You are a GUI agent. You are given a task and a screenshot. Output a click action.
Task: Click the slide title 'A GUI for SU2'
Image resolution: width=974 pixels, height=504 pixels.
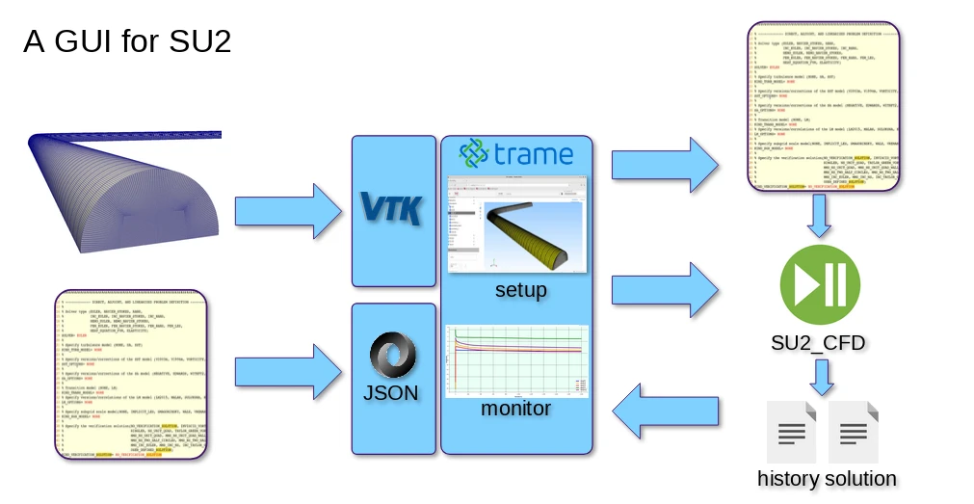(x=127, y=42)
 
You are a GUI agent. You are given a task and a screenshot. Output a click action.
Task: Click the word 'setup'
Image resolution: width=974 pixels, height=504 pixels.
(x=520, y=290)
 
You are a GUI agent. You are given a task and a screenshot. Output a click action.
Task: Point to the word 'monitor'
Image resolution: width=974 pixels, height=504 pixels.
(x=516, y=409)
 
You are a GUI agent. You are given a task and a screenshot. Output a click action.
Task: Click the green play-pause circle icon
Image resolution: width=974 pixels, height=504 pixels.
(x=818, y=286)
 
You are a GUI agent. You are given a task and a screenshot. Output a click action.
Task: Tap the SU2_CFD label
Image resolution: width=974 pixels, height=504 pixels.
(x=818, y=343)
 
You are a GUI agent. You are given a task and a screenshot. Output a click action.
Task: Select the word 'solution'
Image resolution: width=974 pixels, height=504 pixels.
(x=860, y=479)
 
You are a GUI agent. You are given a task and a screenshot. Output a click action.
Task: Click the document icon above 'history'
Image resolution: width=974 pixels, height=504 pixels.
(x=792, y=433)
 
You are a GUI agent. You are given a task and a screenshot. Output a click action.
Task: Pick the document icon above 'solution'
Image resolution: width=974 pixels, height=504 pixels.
(x=854, y=433)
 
